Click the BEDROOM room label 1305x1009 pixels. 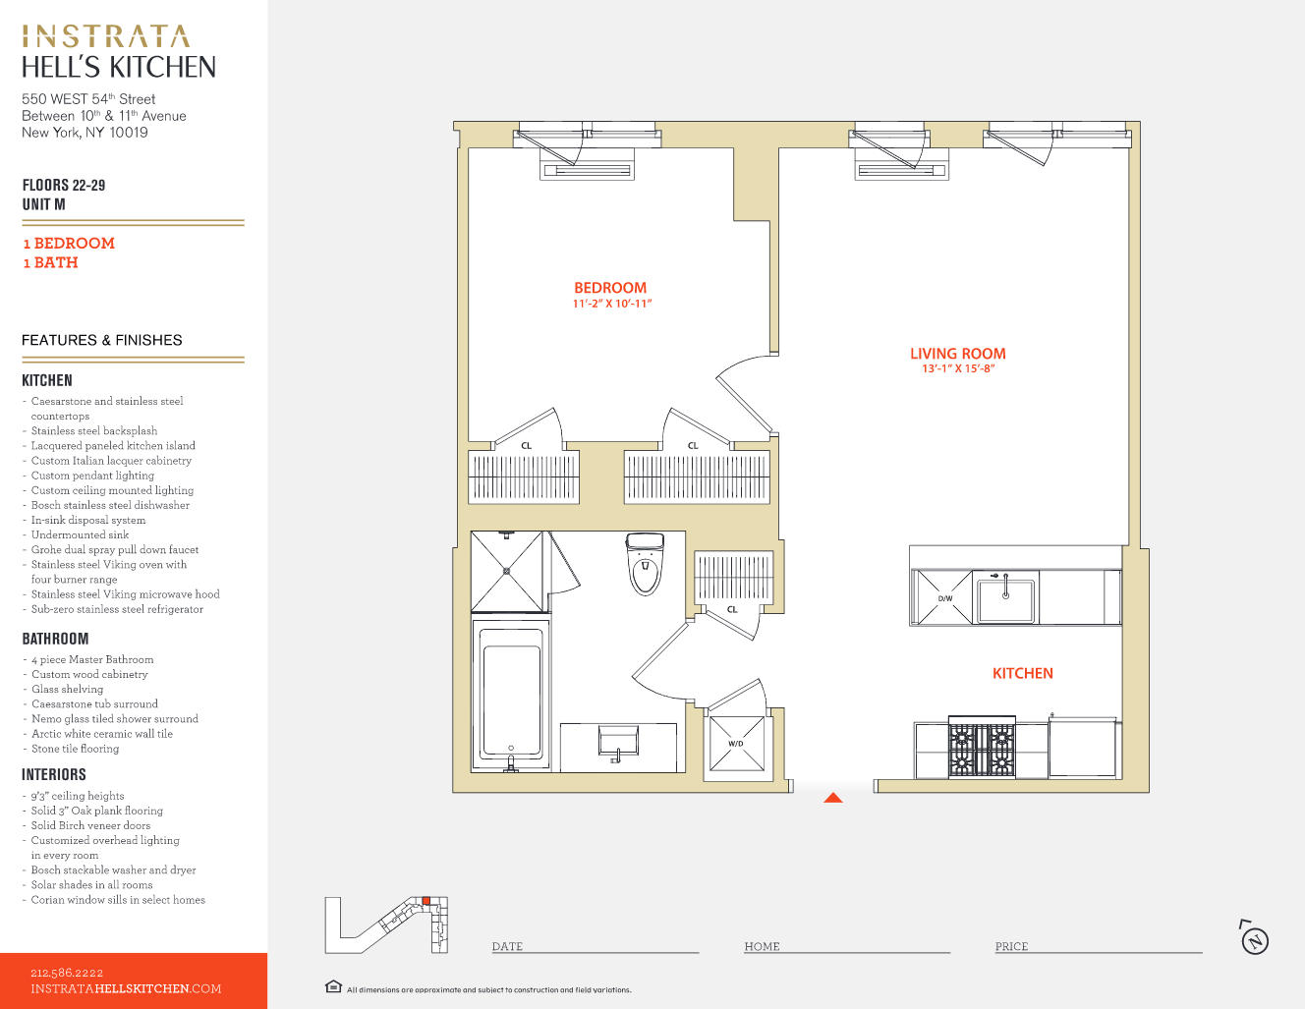[x=610, y=288]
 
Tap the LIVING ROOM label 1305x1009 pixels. [x=957, y=354]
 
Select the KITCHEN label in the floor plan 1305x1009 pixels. [x=1022, y=673]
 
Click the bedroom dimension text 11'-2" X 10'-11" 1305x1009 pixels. [x=612, y=304]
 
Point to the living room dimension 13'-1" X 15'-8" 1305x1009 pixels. [x=958, y=369]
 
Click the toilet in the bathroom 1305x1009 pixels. [x=645, y=564]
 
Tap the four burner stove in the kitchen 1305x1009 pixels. [x=981, y=750]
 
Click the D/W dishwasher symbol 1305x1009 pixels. [x=943, y=597]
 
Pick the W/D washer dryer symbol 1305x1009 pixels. [x=736, y=744]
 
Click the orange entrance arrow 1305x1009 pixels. [x=833, y=798]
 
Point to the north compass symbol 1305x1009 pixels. [x=1254, y=939]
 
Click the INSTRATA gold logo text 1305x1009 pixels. [x=105, y=37]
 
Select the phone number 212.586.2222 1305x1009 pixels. [x=67, y=973]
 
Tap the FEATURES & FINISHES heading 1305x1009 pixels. [x=102, y=340]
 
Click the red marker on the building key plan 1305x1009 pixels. [x=426, y=901]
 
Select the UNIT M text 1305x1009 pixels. [x=44, y=204]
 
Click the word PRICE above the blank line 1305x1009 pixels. [x=1011, y=946]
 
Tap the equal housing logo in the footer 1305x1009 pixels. [x=333, y=987]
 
